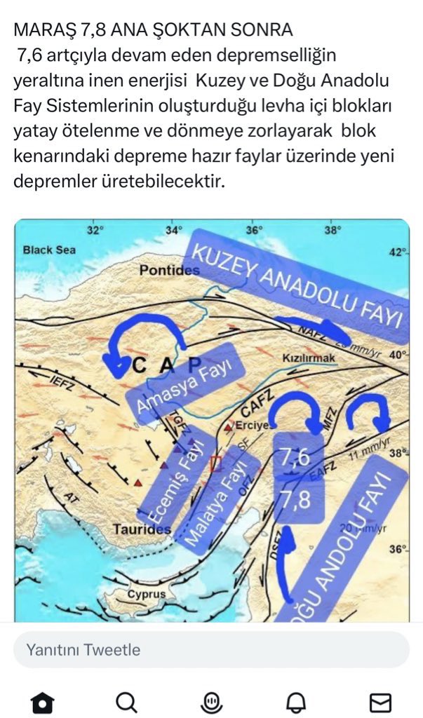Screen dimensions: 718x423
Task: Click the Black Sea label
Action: (49, 250)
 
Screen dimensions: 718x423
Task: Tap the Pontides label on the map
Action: (169, 270)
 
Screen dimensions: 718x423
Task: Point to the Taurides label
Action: (142, 529)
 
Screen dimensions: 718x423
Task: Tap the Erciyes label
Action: (251, 426)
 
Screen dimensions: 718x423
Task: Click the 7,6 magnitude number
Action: (295, 458)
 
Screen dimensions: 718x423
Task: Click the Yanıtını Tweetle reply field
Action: (210, 650)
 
